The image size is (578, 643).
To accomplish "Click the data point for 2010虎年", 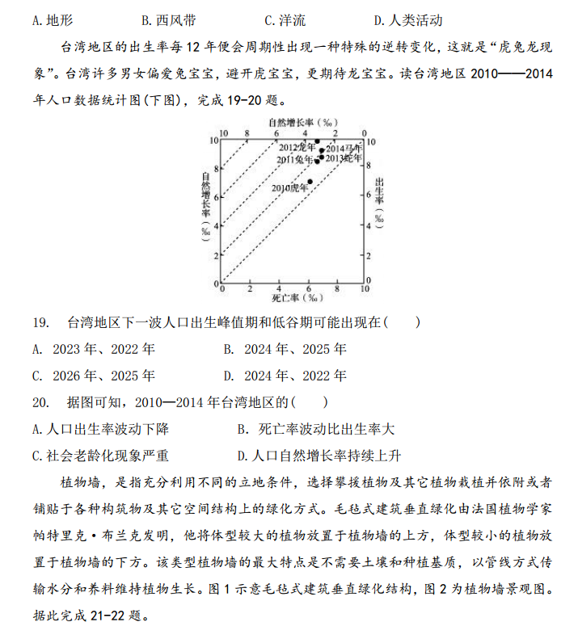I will pos(310,181).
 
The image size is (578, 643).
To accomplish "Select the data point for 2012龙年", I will pos(317,141).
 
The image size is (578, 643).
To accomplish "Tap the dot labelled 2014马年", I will pos(321,150).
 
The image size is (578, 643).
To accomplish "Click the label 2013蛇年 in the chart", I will pos(343,158).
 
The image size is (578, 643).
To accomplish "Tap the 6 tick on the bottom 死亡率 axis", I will pos(309,289).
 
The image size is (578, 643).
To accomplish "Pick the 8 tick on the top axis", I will pos(248,132).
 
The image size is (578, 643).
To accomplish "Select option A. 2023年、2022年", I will pos(93,350).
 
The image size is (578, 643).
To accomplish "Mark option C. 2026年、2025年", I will pos(93,376).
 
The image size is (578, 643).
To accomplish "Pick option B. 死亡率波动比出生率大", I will pos(315,429).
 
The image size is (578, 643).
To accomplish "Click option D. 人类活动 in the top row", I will pos(408,19).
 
